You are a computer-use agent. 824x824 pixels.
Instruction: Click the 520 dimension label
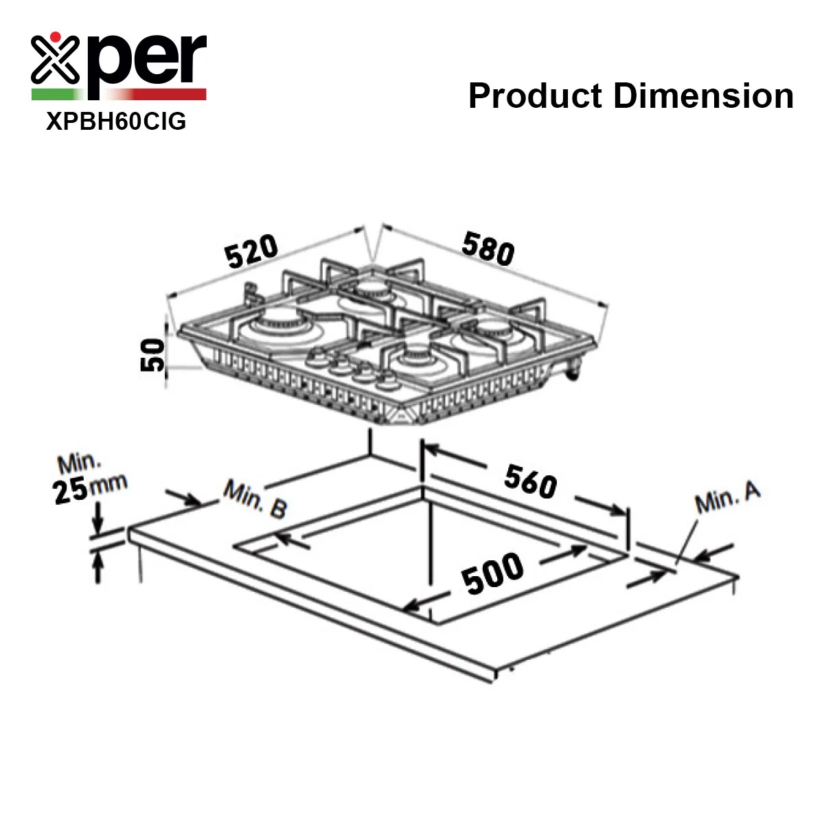pos(251,251)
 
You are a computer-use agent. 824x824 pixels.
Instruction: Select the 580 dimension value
pos(488,249)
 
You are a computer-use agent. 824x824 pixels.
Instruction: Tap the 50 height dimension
pos(152,354)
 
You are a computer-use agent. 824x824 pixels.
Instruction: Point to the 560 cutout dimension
pos(530,482)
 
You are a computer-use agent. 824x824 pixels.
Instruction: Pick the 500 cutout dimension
pos(492,573)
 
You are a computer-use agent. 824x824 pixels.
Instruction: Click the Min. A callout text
pos(727,497)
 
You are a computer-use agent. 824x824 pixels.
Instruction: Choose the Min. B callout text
pos(255,499)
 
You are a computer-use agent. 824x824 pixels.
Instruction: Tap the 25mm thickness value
pos(90,488)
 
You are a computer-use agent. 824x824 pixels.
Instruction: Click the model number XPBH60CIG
pos(116,122)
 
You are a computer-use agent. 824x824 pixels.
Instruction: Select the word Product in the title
pos(536,95)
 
